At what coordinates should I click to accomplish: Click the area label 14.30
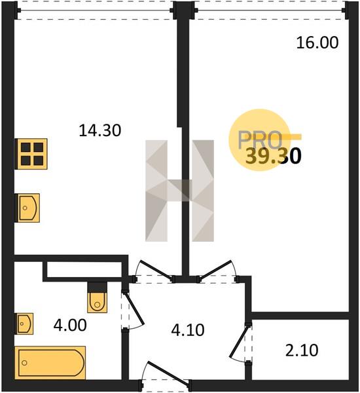tap(99, 130)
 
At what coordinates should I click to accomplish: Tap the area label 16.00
tap(317, 43)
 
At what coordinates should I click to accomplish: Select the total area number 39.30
tap(273, 157)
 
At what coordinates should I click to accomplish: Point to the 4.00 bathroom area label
tap(70, 326)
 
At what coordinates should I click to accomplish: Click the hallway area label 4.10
tap(188, 330)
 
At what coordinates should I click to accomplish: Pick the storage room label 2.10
tap(302, 350)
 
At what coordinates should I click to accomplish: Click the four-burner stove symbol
tap(31, 154)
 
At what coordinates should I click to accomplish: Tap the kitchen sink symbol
tap(28, 208)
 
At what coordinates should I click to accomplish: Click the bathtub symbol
tap(50, 363)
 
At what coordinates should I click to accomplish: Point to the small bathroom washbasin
tap(25, 324)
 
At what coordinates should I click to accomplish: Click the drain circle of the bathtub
tap(25, 363)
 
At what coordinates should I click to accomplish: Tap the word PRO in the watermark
tap(260, 140)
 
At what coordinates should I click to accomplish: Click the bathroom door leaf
tap(134, 309)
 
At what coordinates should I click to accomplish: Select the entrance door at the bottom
tap(168, 373)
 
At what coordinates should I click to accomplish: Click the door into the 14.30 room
tap(156, 269)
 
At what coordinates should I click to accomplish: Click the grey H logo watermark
tap(179, 191)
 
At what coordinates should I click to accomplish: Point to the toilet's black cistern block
tap(98, 287)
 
